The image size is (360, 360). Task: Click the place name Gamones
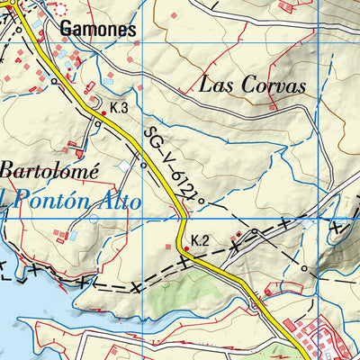pyautogui.click(x=98, y=30)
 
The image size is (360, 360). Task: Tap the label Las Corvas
pyautogui.click(x=252, y=85)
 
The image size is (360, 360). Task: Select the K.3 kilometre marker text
pyautogui.click(x=119, y=108)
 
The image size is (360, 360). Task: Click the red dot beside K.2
pyautogui.click(x=186, y=247)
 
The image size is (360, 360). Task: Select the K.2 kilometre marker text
pyautogui.click(x=200, y=240)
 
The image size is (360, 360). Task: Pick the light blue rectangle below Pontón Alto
pyautogui.click(x=72, y=234)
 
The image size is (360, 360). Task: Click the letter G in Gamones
pyautogui.click(x=67, y=30)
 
